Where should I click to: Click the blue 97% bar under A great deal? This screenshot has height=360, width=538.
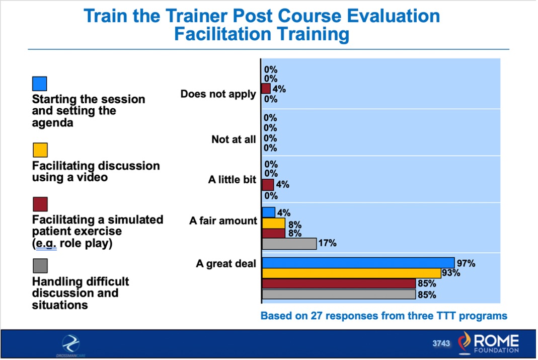click(x=358, y=263)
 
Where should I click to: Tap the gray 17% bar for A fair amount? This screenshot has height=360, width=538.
click(x=289, y=244)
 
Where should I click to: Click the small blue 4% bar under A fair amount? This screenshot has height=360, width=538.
click(x=268, y=212)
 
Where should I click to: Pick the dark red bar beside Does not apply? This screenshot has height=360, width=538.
click(x=266, y=89)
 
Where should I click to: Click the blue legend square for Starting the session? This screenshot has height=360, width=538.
click(x=40, y=84)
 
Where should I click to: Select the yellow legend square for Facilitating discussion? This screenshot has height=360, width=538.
click(x=40, y=150)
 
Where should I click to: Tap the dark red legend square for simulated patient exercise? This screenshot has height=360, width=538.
click(x=40, y=204)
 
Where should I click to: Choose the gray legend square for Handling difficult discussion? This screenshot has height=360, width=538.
click(x=40, y=265)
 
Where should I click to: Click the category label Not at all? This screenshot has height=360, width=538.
click(x=234, y=139)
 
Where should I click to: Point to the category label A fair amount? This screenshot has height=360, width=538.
click(x=223, y=221)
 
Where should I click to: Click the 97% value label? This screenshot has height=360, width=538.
click(x=466, y=263)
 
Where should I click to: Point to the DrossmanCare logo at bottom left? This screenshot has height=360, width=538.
click(x=70, y=345)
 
